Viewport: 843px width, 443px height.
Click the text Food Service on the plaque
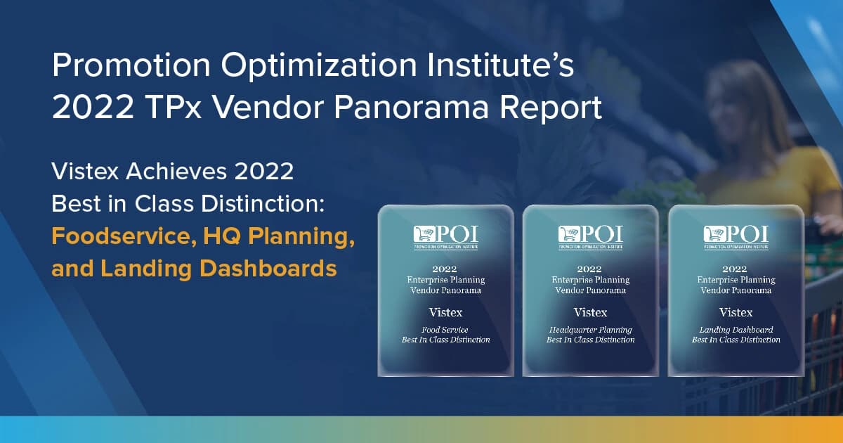pos(445,329)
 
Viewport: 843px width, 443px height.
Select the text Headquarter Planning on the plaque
pos(590,329)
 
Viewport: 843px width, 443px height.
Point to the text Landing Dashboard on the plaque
pos(736,329)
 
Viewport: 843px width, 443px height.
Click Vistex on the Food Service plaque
pos(445,312)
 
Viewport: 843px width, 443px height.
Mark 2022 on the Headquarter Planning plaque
pos(590,269)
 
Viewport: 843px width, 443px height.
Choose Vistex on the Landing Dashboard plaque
pos(736,312)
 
